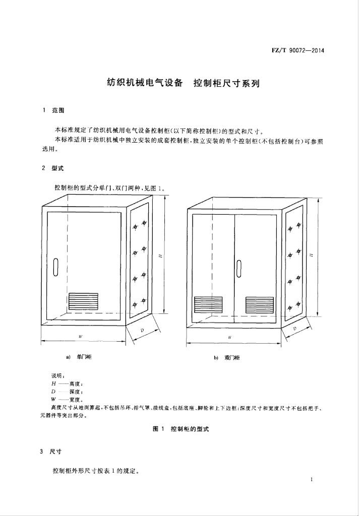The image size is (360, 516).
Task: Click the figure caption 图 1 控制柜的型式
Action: tap(180, 429)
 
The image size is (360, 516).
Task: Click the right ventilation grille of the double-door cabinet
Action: tap(260, 304)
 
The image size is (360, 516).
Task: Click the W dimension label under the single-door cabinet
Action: tap(81, 336)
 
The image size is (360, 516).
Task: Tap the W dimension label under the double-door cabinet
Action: tap(230, 337)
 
